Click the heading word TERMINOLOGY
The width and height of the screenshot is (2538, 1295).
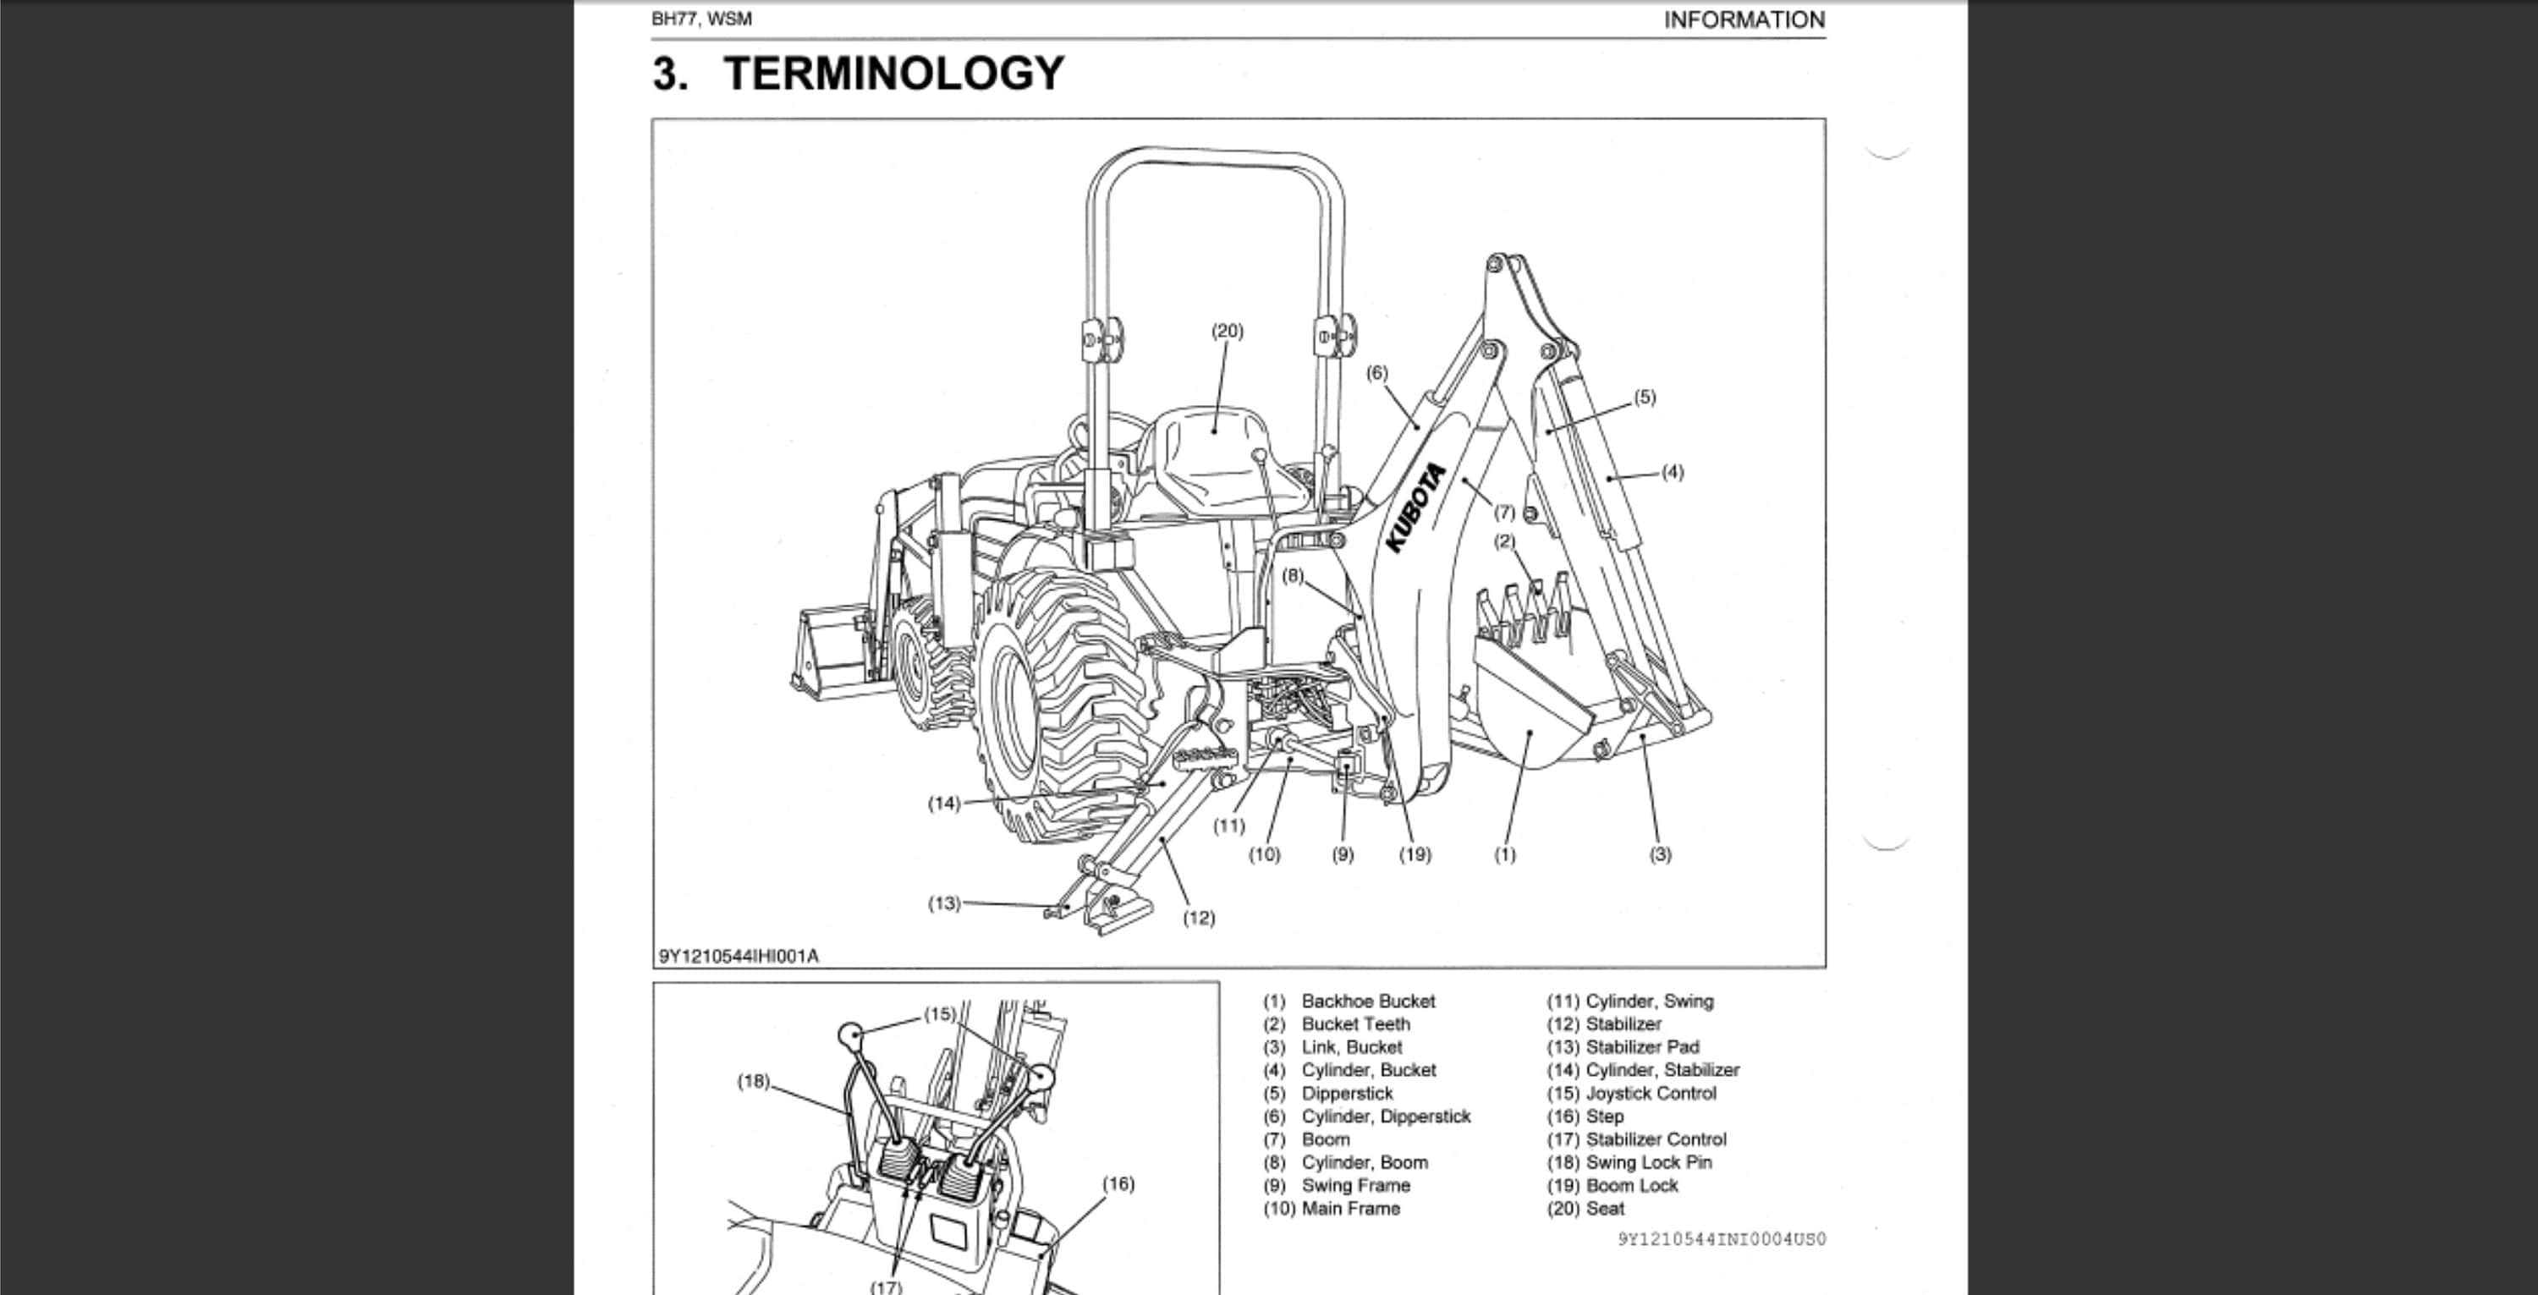(893, 74)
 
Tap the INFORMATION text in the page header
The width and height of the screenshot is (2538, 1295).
(1743, 19)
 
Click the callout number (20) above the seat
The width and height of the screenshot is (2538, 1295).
(1227, 331)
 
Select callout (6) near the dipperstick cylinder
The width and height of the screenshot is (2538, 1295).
(1376, 372)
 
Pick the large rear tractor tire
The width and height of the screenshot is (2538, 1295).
(1059, 704)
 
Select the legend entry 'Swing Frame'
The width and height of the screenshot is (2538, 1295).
(1354, 1186)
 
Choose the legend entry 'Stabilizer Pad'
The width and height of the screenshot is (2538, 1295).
(1641, 1047)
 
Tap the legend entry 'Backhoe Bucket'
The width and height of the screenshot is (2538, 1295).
(1367, 1001)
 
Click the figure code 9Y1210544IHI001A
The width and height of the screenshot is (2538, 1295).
(738, 955)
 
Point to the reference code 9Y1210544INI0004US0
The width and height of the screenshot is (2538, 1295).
(1722, 1239)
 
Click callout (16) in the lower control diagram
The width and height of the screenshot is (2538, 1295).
(1118, 1183)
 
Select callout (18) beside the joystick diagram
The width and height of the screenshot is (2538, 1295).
(753, 1081)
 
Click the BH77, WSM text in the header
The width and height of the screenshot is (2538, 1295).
(701, 19)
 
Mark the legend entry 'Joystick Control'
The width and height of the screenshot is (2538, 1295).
(1651, 1093)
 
